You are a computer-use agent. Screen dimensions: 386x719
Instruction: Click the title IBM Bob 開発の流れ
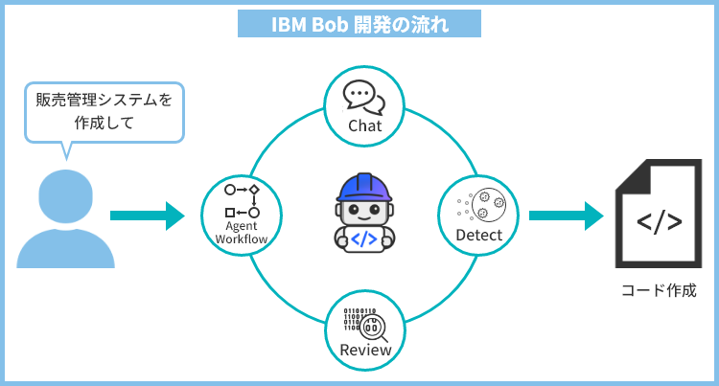click(359, 23)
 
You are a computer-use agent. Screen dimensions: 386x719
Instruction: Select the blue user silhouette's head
click(65, 194)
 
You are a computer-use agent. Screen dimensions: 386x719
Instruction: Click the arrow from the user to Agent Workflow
click(146, 216)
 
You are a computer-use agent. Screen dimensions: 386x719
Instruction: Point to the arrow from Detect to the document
click(566, 216)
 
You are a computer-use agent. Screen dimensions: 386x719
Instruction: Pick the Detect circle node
click(478, 215)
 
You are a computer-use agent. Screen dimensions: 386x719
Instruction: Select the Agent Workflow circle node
click(241, 215)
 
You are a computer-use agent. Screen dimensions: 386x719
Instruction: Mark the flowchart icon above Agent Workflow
click(242, 200)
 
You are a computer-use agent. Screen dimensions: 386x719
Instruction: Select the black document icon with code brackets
click(660, 216)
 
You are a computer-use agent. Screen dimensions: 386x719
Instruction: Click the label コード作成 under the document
click(659, 290)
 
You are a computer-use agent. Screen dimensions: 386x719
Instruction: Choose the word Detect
click(478, 235)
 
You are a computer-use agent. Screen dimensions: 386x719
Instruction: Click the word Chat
click(364, 125)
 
